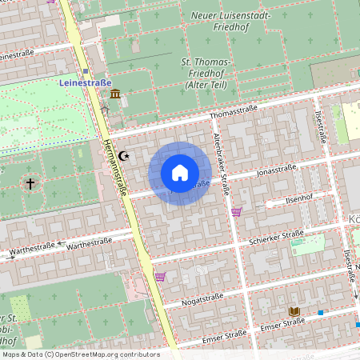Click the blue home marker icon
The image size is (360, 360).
(x=180, y=173)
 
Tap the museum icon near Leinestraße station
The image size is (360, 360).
(x=116, y=94)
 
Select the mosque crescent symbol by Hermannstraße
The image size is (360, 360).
(x=123, y=156)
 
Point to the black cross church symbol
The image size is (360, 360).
(x=30, y=184)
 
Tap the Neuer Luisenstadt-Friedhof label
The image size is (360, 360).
(x=231, y=21)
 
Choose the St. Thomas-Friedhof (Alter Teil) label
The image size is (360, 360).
(x=206, y=73)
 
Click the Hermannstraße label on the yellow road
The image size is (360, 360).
(x=114, y=159)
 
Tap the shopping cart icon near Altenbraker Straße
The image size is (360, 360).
(x=236, y=212)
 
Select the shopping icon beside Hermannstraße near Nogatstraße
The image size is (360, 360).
(x=160, y=277)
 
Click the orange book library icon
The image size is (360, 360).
(x=294, y=311)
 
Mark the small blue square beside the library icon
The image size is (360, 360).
(x=321, y=312)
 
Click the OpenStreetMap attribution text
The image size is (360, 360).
(x=80, y=354)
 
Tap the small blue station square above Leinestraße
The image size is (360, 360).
(x=86, y=71)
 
